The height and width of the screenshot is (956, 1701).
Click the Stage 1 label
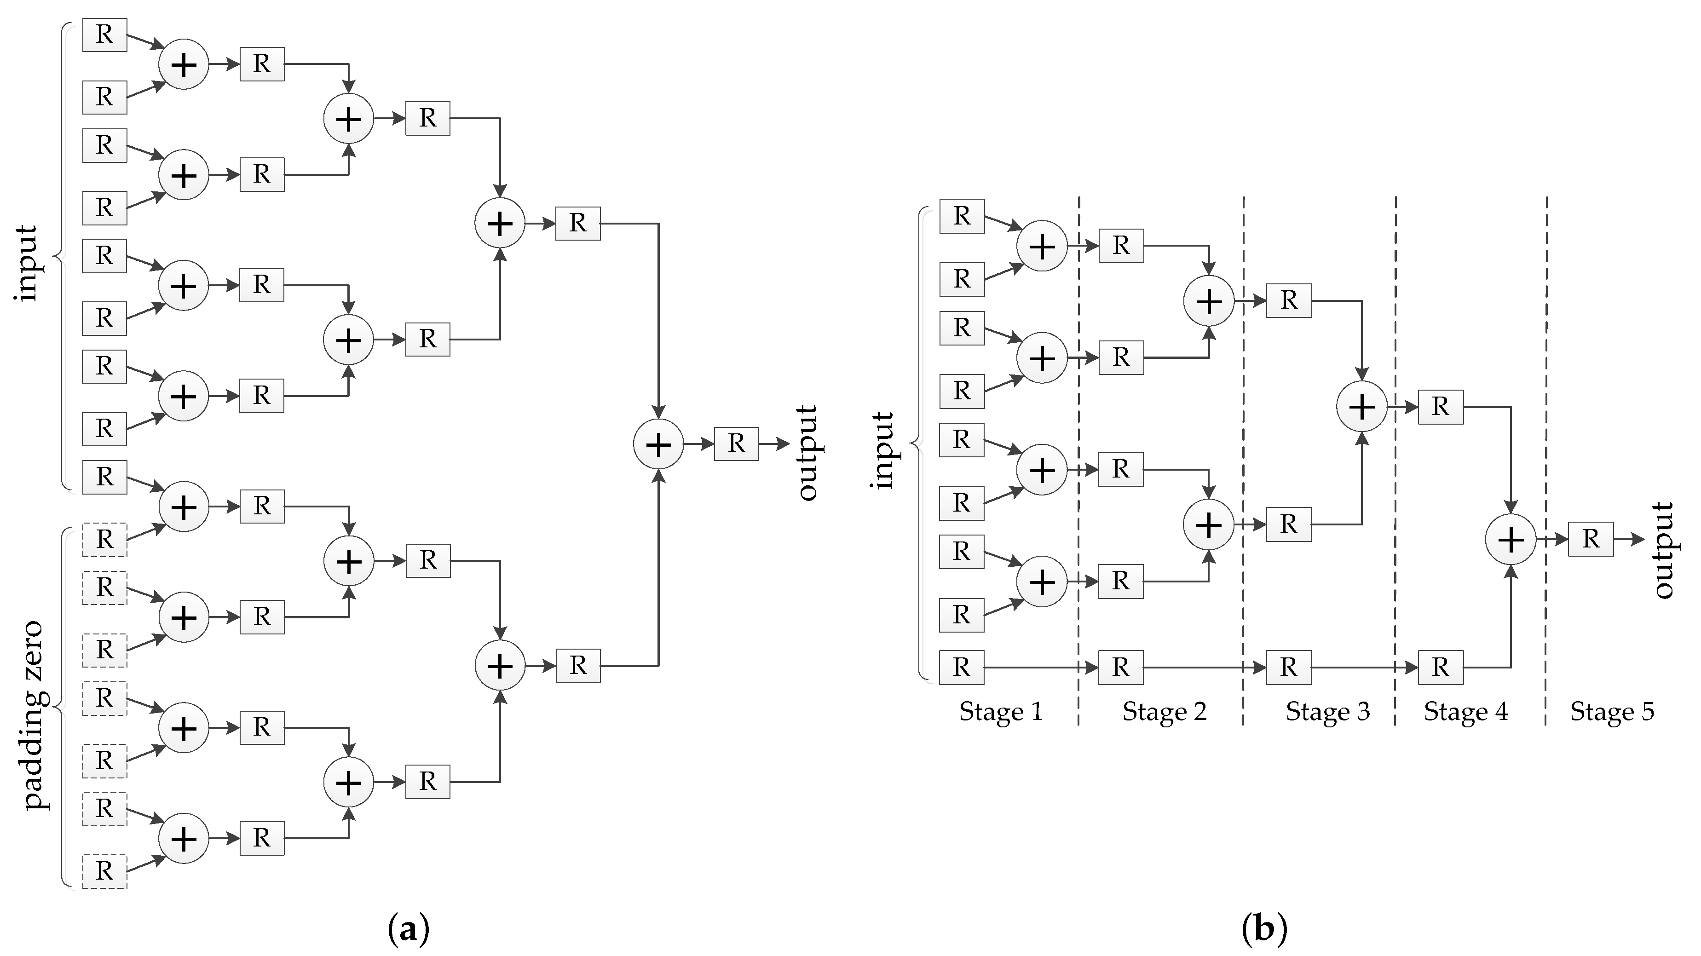coord(1000,712)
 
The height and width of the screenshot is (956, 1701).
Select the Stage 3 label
coord(1327,712)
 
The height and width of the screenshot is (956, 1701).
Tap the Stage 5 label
coord(1612,712)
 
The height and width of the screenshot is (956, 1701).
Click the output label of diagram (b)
coord(1663,550)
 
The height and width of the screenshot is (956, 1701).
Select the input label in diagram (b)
coord(883,450)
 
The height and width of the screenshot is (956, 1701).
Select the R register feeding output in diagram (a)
coord(736,443)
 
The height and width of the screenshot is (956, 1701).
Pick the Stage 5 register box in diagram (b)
coord(1591,539)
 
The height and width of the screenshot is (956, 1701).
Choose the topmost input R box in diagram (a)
coord(104,35)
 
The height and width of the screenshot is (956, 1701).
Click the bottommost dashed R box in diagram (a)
coord(104,871)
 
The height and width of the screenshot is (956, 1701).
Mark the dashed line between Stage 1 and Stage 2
coord(1079,462)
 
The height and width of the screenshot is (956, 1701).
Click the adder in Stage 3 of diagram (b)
coord(1361,407)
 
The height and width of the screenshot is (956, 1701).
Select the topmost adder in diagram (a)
coord(184,65)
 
